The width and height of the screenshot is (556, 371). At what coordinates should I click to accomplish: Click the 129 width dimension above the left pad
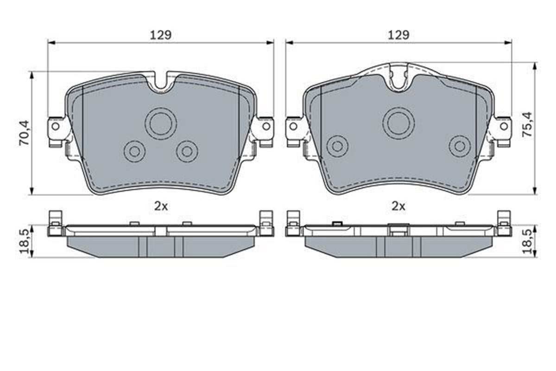161,35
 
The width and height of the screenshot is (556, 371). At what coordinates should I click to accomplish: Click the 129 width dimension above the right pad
398,35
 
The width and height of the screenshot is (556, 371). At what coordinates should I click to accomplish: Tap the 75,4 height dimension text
526,124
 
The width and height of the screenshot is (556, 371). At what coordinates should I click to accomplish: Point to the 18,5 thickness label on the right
526,241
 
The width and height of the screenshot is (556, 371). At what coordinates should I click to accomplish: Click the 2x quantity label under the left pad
161,207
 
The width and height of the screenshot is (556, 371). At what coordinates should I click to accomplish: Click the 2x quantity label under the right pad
398,207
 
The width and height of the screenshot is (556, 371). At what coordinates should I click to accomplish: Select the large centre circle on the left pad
161,123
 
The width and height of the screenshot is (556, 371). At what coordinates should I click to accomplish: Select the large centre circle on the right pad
398,123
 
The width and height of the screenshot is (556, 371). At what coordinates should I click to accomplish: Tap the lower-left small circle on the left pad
134,151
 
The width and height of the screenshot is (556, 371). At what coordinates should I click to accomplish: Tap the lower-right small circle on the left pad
187,151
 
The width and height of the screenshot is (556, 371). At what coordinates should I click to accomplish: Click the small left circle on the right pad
337,146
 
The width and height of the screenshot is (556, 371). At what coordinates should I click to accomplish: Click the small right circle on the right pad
460,146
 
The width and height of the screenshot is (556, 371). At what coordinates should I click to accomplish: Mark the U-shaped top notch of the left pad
161,83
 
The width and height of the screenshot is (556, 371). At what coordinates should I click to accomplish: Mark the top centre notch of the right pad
398,78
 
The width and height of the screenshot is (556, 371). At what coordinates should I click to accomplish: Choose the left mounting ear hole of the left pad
55,126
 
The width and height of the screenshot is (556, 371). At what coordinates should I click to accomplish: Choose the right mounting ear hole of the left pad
266,126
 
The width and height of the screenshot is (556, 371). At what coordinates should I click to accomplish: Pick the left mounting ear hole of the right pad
293,126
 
